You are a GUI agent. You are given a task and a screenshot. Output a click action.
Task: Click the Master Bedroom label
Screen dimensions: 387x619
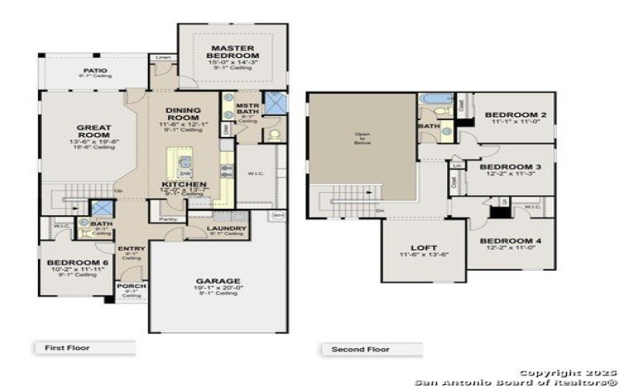coord(234,52)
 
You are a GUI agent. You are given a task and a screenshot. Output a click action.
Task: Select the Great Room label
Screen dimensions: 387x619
coord(94,132)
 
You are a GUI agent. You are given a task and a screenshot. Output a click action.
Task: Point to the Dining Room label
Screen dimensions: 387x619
coord(183,115)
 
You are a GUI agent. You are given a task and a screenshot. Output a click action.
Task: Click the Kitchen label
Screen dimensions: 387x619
coord(183,185)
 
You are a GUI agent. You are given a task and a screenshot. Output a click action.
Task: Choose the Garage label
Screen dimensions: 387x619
coord(217,281)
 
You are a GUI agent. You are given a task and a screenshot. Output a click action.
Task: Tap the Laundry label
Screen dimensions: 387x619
coord(227,228)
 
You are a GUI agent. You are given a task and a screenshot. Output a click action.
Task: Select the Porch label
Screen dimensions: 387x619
coord(132,286)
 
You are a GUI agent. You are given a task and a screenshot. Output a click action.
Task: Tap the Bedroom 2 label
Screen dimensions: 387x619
coord(515,115)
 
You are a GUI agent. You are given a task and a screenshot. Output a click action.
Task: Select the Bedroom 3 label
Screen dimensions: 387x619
coord(510,166)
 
